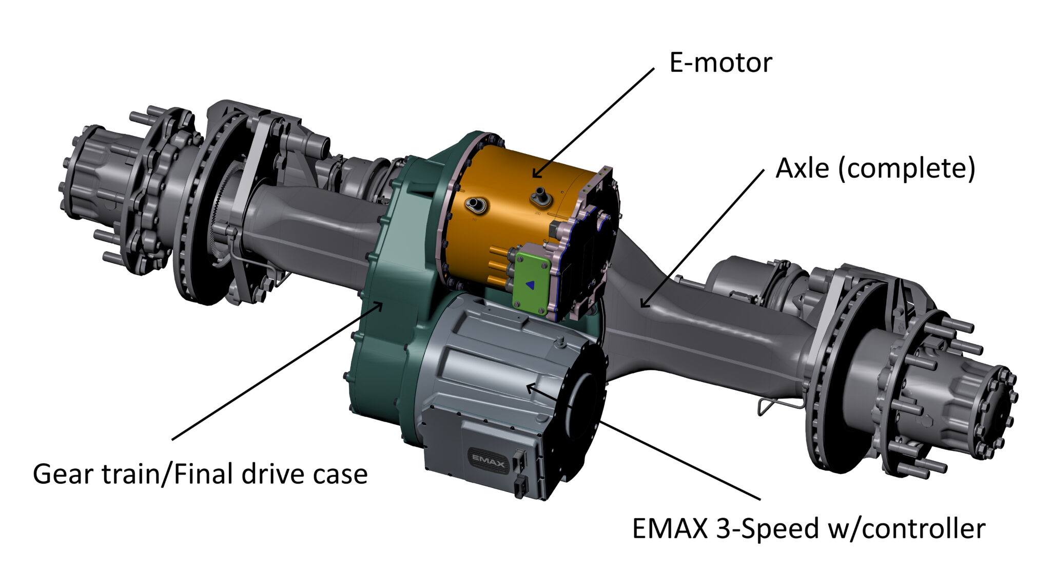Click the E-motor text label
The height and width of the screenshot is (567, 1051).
(x=720, y=63)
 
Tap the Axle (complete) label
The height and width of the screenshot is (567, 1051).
(x=875, y=168)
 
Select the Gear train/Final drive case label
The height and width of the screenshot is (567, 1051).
(x=200, y=474)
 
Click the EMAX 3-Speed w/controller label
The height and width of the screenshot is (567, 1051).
(x=808, y=528)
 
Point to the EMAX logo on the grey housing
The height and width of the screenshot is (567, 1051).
(x=488, y=459)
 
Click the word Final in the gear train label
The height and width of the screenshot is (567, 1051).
(x=205, y=474)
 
